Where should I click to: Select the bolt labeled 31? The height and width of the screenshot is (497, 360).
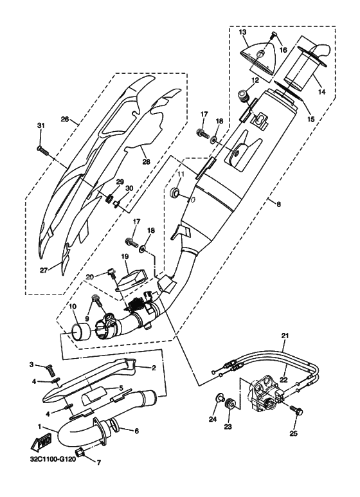43,150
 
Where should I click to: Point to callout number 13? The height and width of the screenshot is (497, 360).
243,31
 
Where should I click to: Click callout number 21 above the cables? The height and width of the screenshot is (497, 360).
285,335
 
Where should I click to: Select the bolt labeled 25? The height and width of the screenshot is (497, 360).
296,408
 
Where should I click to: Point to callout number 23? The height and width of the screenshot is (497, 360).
228,425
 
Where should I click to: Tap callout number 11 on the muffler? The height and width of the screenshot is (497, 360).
181,174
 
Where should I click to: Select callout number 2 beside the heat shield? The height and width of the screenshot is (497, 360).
154,368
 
